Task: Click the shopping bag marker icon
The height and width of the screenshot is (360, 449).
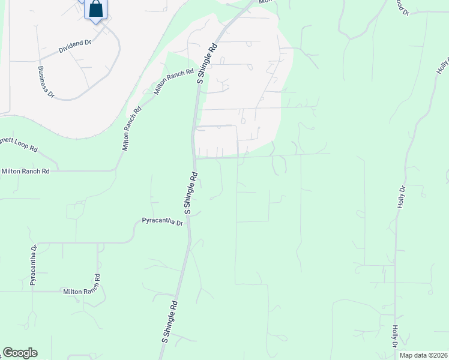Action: tap(96, 10)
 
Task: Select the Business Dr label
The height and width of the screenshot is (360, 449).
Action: tap(46, 82)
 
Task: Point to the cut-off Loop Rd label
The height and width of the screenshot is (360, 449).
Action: tap(19, 144)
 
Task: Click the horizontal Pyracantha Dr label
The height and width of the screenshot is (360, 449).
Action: tap(162, 221)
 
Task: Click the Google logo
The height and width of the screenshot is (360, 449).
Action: tap(20, 353)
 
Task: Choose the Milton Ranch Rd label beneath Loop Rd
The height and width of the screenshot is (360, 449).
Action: tap(25, 171)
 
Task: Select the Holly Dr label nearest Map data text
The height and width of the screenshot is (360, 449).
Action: tap(395, 337)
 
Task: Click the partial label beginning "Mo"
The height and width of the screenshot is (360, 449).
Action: tap(264, 2)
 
